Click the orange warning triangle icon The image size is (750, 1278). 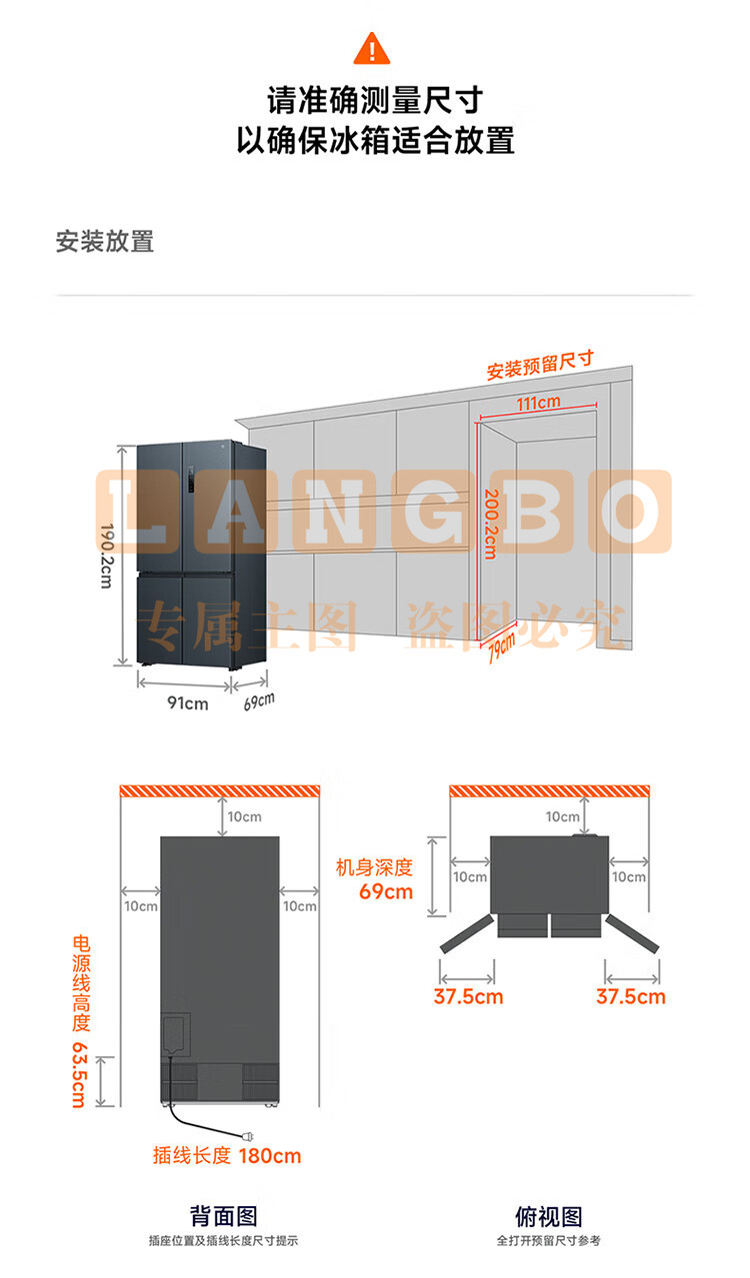point(372,49)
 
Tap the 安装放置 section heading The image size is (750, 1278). point(105,241)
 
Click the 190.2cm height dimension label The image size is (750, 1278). point(107,556)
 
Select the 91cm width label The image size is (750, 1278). point(187,702)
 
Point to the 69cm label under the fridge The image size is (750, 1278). point(259,701)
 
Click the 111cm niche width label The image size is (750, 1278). point(538,403)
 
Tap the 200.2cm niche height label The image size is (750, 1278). point(491,524)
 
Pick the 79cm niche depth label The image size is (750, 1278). point(502,646)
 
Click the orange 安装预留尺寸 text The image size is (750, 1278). point(540,365)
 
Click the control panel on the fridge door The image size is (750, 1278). point(191,479)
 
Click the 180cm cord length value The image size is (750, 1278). point(269,1156)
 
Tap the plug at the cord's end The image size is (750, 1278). point(248,1136)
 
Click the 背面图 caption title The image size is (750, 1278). point(223,1216)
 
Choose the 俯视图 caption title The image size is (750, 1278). point(549,1216)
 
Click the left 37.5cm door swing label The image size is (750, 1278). point(468,996)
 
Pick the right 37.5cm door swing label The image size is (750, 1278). point(631,996)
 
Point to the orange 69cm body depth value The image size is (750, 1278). point(386,891)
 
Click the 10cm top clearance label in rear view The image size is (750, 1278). point(244,816)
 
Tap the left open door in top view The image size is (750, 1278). point(467,933)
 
